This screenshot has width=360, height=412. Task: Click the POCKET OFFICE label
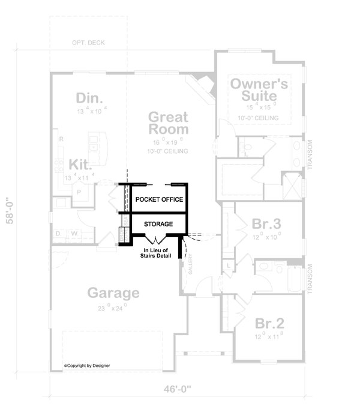(158, 199)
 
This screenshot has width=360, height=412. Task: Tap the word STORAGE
(158, 224)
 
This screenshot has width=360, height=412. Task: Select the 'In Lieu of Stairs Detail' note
(157, 253)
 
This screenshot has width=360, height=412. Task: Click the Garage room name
(113, 293)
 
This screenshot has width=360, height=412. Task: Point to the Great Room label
(168, 123)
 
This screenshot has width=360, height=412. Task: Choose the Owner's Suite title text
(260, 89)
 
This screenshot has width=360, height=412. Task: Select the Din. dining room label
(90, 97)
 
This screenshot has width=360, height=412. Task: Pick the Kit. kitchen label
(80, 164)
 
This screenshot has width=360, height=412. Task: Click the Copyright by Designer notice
(87, 365)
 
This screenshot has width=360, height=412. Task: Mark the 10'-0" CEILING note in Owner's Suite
(259, 118)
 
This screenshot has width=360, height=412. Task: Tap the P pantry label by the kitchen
(78, 192)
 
